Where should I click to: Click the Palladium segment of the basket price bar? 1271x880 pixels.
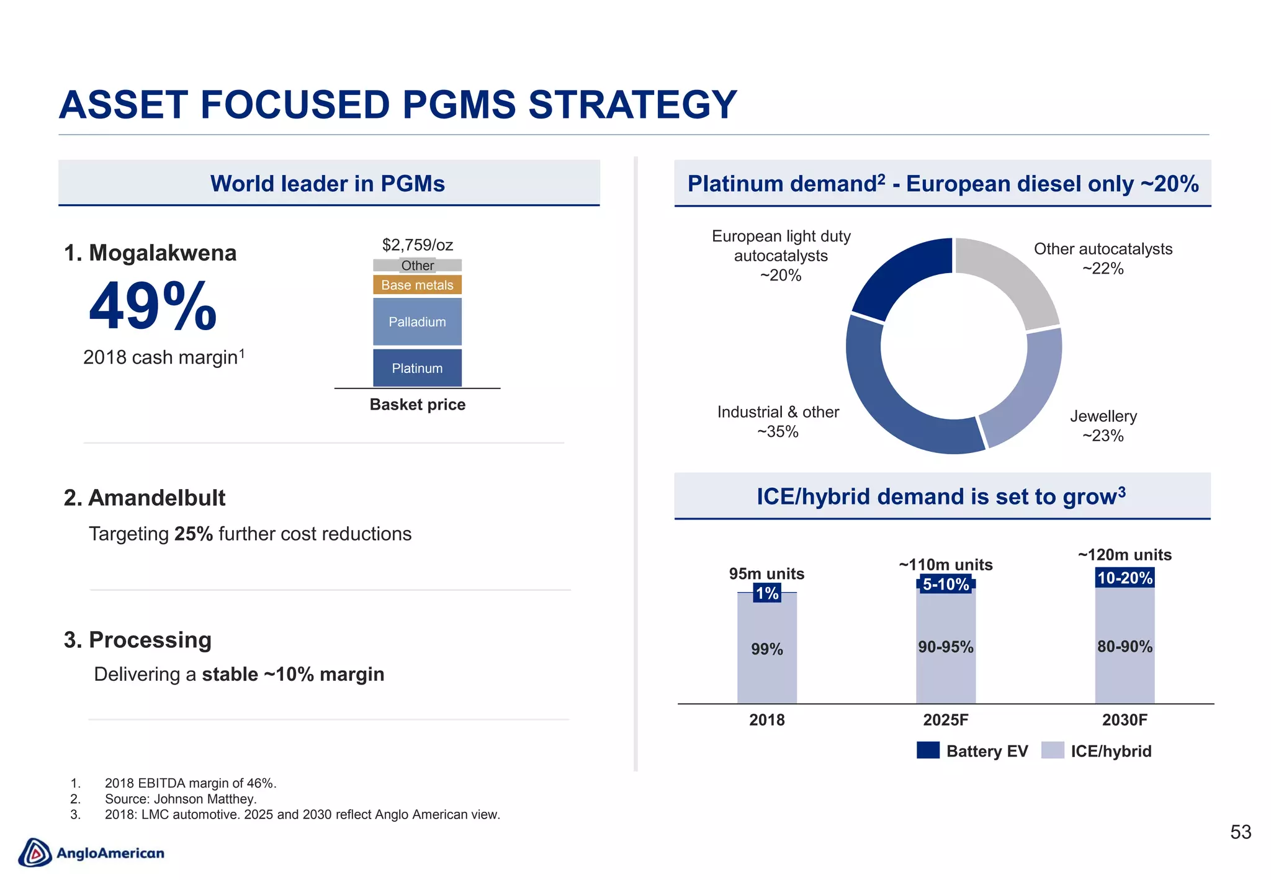(x=417, y=321)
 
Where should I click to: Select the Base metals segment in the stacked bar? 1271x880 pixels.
(x=417, y=285)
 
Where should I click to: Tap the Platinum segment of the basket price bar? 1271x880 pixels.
(x=417, y=368)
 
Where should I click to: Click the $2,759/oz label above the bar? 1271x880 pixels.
(x=417, y=245)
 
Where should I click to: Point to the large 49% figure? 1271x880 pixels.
(x=153, y=307)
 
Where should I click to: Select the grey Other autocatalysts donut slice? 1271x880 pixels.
(x=1012, y=279)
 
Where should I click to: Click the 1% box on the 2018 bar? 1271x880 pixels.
(x=766, y=593)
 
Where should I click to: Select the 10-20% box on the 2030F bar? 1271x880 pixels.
(x=1124, y=578)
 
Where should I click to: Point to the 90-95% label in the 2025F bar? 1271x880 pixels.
(x=945, y=647)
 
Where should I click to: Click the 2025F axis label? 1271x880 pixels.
(x=945, y=720)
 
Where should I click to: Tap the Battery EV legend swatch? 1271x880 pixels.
(x=928, y=750)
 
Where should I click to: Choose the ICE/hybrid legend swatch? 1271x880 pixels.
(x=1053, y=750)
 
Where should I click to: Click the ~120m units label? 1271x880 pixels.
(x=1124, y=555)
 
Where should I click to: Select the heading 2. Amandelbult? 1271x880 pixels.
(x=145, y=498)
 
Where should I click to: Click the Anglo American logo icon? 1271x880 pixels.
(x=35, y=853)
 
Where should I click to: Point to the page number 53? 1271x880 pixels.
(x=1240, y=832)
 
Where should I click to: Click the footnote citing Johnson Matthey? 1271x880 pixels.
(x=180, y=799)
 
